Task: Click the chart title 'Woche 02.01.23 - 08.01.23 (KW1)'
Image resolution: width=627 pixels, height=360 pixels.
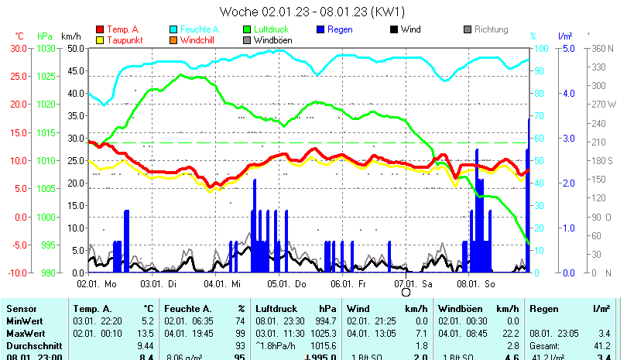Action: point(313,12)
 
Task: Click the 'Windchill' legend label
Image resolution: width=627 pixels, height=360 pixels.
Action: point(200,39)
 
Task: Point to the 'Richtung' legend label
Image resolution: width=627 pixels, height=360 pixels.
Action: point(491,29)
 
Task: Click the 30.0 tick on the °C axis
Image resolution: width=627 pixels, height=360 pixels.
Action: point(19,48)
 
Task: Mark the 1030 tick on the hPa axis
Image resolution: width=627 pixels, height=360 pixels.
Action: point(45,48)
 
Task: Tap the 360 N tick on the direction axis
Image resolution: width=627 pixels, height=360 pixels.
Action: point(602,48)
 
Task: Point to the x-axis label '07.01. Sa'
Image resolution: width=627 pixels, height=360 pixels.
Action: point(413,284)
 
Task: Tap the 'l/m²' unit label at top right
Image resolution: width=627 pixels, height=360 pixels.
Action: point(564,36)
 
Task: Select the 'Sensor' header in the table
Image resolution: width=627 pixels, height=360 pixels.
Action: point(21,309)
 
